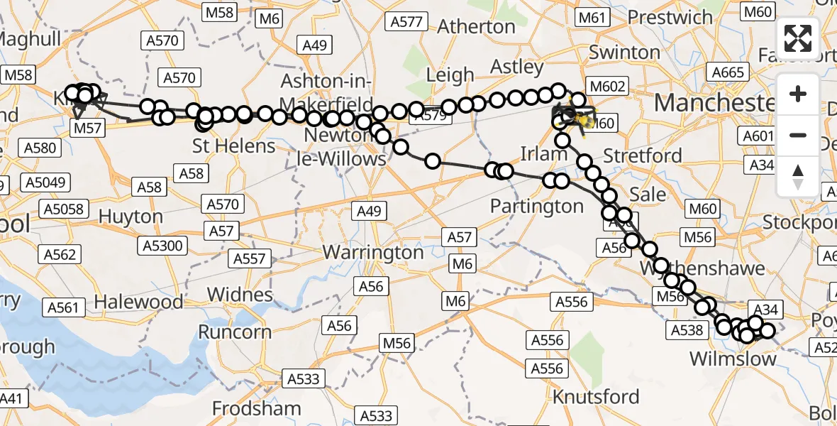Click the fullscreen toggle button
798,38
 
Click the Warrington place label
373,252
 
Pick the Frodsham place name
257,409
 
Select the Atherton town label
476,26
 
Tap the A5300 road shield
163,246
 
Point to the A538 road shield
687,329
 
